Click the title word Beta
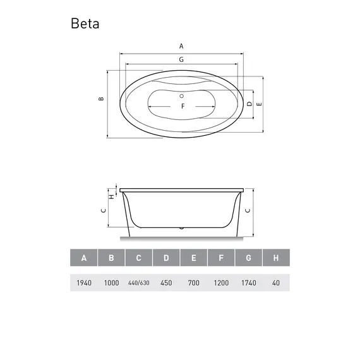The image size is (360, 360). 85,24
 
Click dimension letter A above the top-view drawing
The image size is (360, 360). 181,46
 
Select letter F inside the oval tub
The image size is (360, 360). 183,105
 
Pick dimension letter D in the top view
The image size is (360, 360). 249,104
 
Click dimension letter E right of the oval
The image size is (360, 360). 259,104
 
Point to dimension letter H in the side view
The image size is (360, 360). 111,196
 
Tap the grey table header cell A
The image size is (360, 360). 83,258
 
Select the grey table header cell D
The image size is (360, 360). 166,258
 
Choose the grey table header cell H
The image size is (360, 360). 276,258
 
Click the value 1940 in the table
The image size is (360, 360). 83,282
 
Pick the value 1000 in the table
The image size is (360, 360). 111,282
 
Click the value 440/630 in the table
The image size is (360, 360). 138,282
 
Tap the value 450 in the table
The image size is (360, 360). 166,282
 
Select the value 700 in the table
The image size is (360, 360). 193,282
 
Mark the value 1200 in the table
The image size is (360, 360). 221,282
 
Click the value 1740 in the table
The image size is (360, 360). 248,282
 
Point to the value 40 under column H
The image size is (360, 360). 276,282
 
